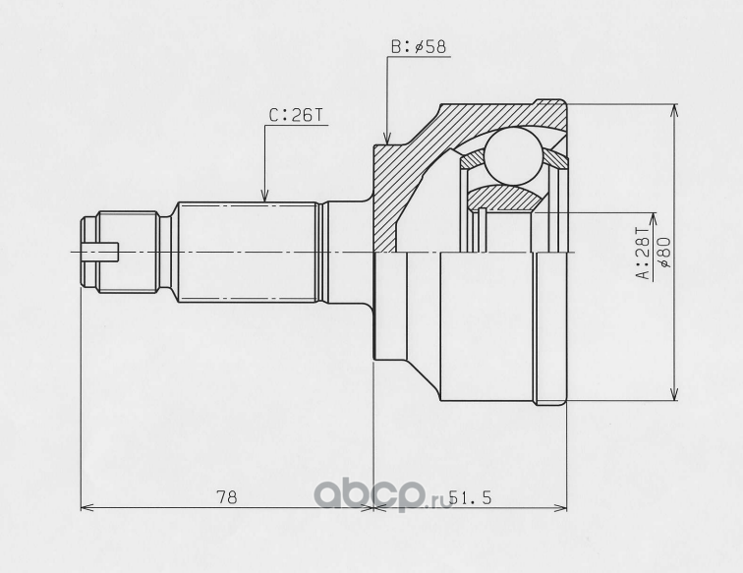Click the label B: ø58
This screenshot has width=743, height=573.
tap(419, 47)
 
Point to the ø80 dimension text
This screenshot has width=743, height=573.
tap(663, 253)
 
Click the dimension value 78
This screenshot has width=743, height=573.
tap(226, 497)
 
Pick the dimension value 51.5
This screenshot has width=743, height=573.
tap(470, 497)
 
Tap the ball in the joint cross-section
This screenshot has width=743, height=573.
tap(514, 155)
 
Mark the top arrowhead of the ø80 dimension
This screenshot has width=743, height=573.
tap(674, 110)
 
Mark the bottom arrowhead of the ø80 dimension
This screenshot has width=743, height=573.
tap(674, 393)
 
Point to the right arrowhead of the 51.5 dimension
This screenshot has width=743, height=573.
tap(559, 507)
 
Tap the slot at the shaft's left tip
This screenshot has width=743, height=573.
tap(99, 252)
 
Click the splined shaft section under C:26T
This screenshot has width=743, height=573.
tap(247, 253)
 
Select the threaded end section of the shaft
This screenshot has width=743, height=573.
tap(128, 253)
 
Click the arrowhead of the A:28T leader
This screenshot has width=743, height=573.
tap(654, 219)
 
